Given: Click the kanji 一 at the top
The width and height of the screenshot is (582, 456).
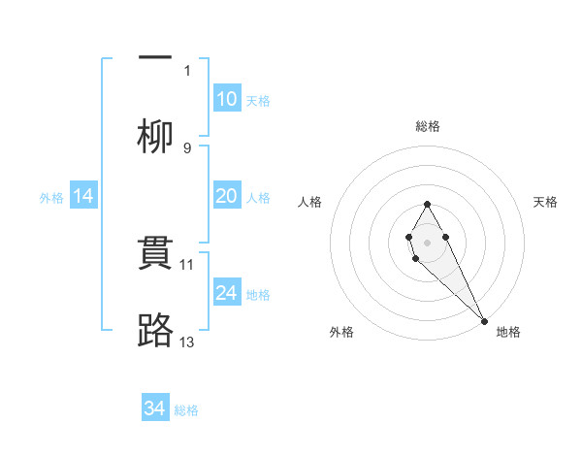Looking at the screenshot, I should tap(154, 56).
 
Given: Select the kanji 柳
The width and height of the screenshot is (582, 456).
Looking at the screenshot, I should tap(154, 136).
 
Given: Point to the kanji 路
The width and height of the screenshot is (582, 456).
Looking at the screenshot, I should tap(154, 332).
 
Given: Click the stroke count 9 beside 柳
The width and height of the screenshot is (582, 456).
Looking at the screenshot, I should tap(187, 147).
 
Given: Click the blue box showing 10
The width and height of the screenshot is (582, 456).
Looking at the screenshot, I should tap(226, 99).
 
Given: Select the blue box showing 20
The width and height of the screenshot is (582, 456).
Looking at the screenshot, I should tap(226, 196).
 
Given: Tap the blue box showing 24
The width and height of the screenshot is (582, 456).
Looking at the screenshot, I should tap(226, 293).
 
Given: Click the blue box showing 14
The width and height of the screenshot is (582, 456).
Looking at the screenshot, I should tap(83, 196).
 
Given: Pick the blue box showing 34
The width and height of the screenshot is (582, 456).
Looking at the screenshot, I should tap(154, 408).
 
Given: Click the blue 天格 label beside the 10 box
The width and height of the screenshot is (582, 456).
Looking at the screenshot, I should tap(258, 101).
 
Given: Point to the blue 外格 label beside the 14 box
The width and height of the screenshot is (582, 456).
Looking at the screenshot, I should tap(51, 198).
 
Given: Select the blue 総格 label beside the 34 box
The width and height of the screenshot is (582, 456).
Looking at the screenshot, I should tap(186, 410).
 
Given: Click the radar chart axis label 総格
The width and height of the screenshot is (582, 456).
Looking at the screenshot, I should tap(428, 126).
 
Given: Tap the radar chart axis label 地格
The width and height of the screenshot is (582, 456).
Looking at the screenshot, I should tap(508, 332).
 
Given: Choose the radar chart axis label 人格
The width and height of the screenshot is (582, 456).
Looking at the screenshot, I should tap(310, 202).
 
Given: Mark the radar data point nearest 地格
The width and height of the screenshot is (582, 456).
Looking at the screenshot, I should tap(484, 320).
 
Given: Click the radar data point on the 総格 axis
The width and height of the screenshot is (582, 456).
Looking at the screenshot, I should tap(427, 204).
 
